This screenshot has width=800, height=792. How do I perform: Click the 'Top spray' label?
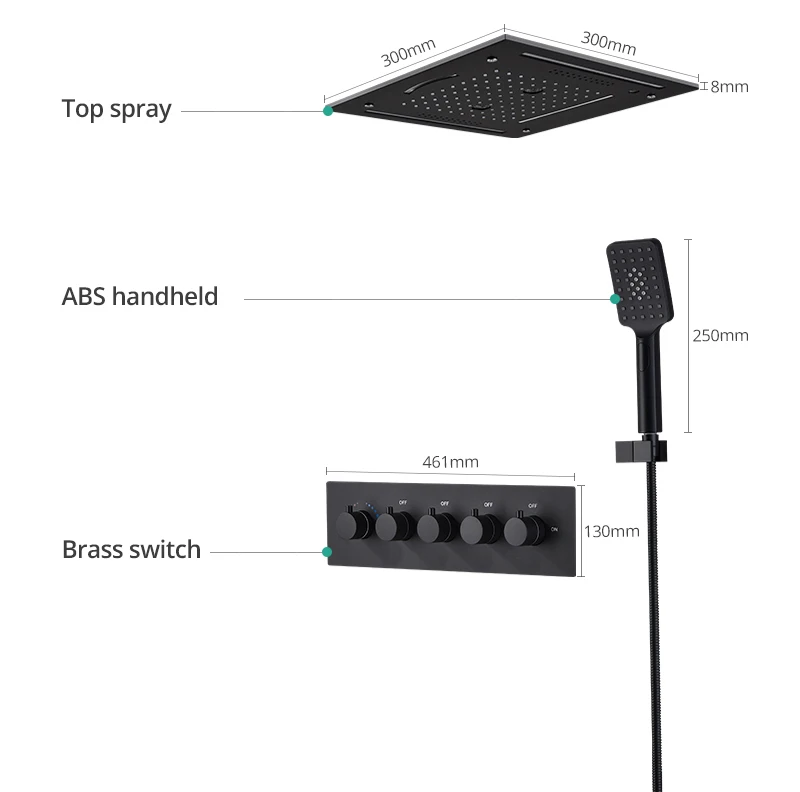[116, 109]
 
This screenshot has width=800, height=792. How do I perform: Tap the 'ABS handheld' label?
[140, 297]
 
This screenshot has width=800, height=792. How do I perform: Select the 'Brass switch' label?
[131, 549]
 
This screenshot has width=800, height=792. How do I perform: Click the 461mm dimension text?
[451, 462]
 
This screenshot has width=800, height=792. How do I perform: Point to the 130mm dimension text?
[611, 531]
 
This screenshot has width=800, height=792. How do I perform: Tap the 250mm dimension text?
[720, 335]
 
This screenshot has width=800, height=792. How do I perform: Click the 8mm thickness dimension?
[729, 86]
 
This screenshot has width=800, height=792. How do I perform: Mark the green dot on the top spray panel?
[328, 111]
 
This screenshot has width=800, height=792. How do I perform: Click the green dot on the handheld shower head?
[616, 298]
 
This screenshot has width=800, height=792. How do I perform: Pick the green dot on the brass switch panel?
[326, 551]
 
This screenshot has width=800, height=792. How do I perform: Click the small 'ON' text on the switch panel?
[555, 529]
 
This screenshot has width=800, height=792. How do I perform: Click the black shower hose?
[640, 620]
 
